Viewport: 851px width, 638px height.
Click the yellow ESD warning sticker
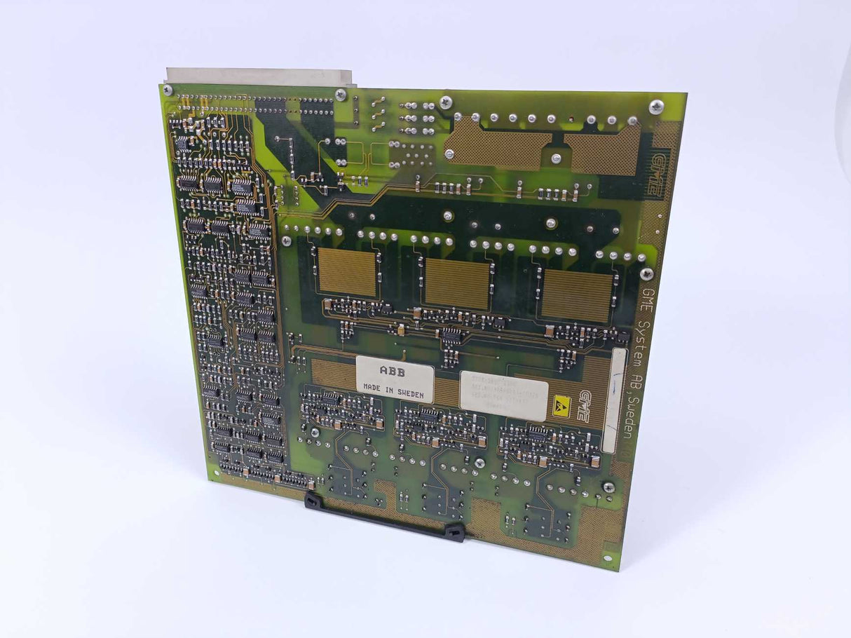(562, 405)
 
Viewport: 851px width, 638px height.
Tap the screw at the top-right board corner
(656, 107)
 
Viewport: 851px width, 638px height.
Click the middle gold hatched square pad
(457, 283)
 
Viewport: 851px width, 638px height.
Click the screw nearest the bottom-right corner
(608, 487)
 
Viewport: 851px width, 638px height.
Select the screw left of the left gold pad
(286, 240)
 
